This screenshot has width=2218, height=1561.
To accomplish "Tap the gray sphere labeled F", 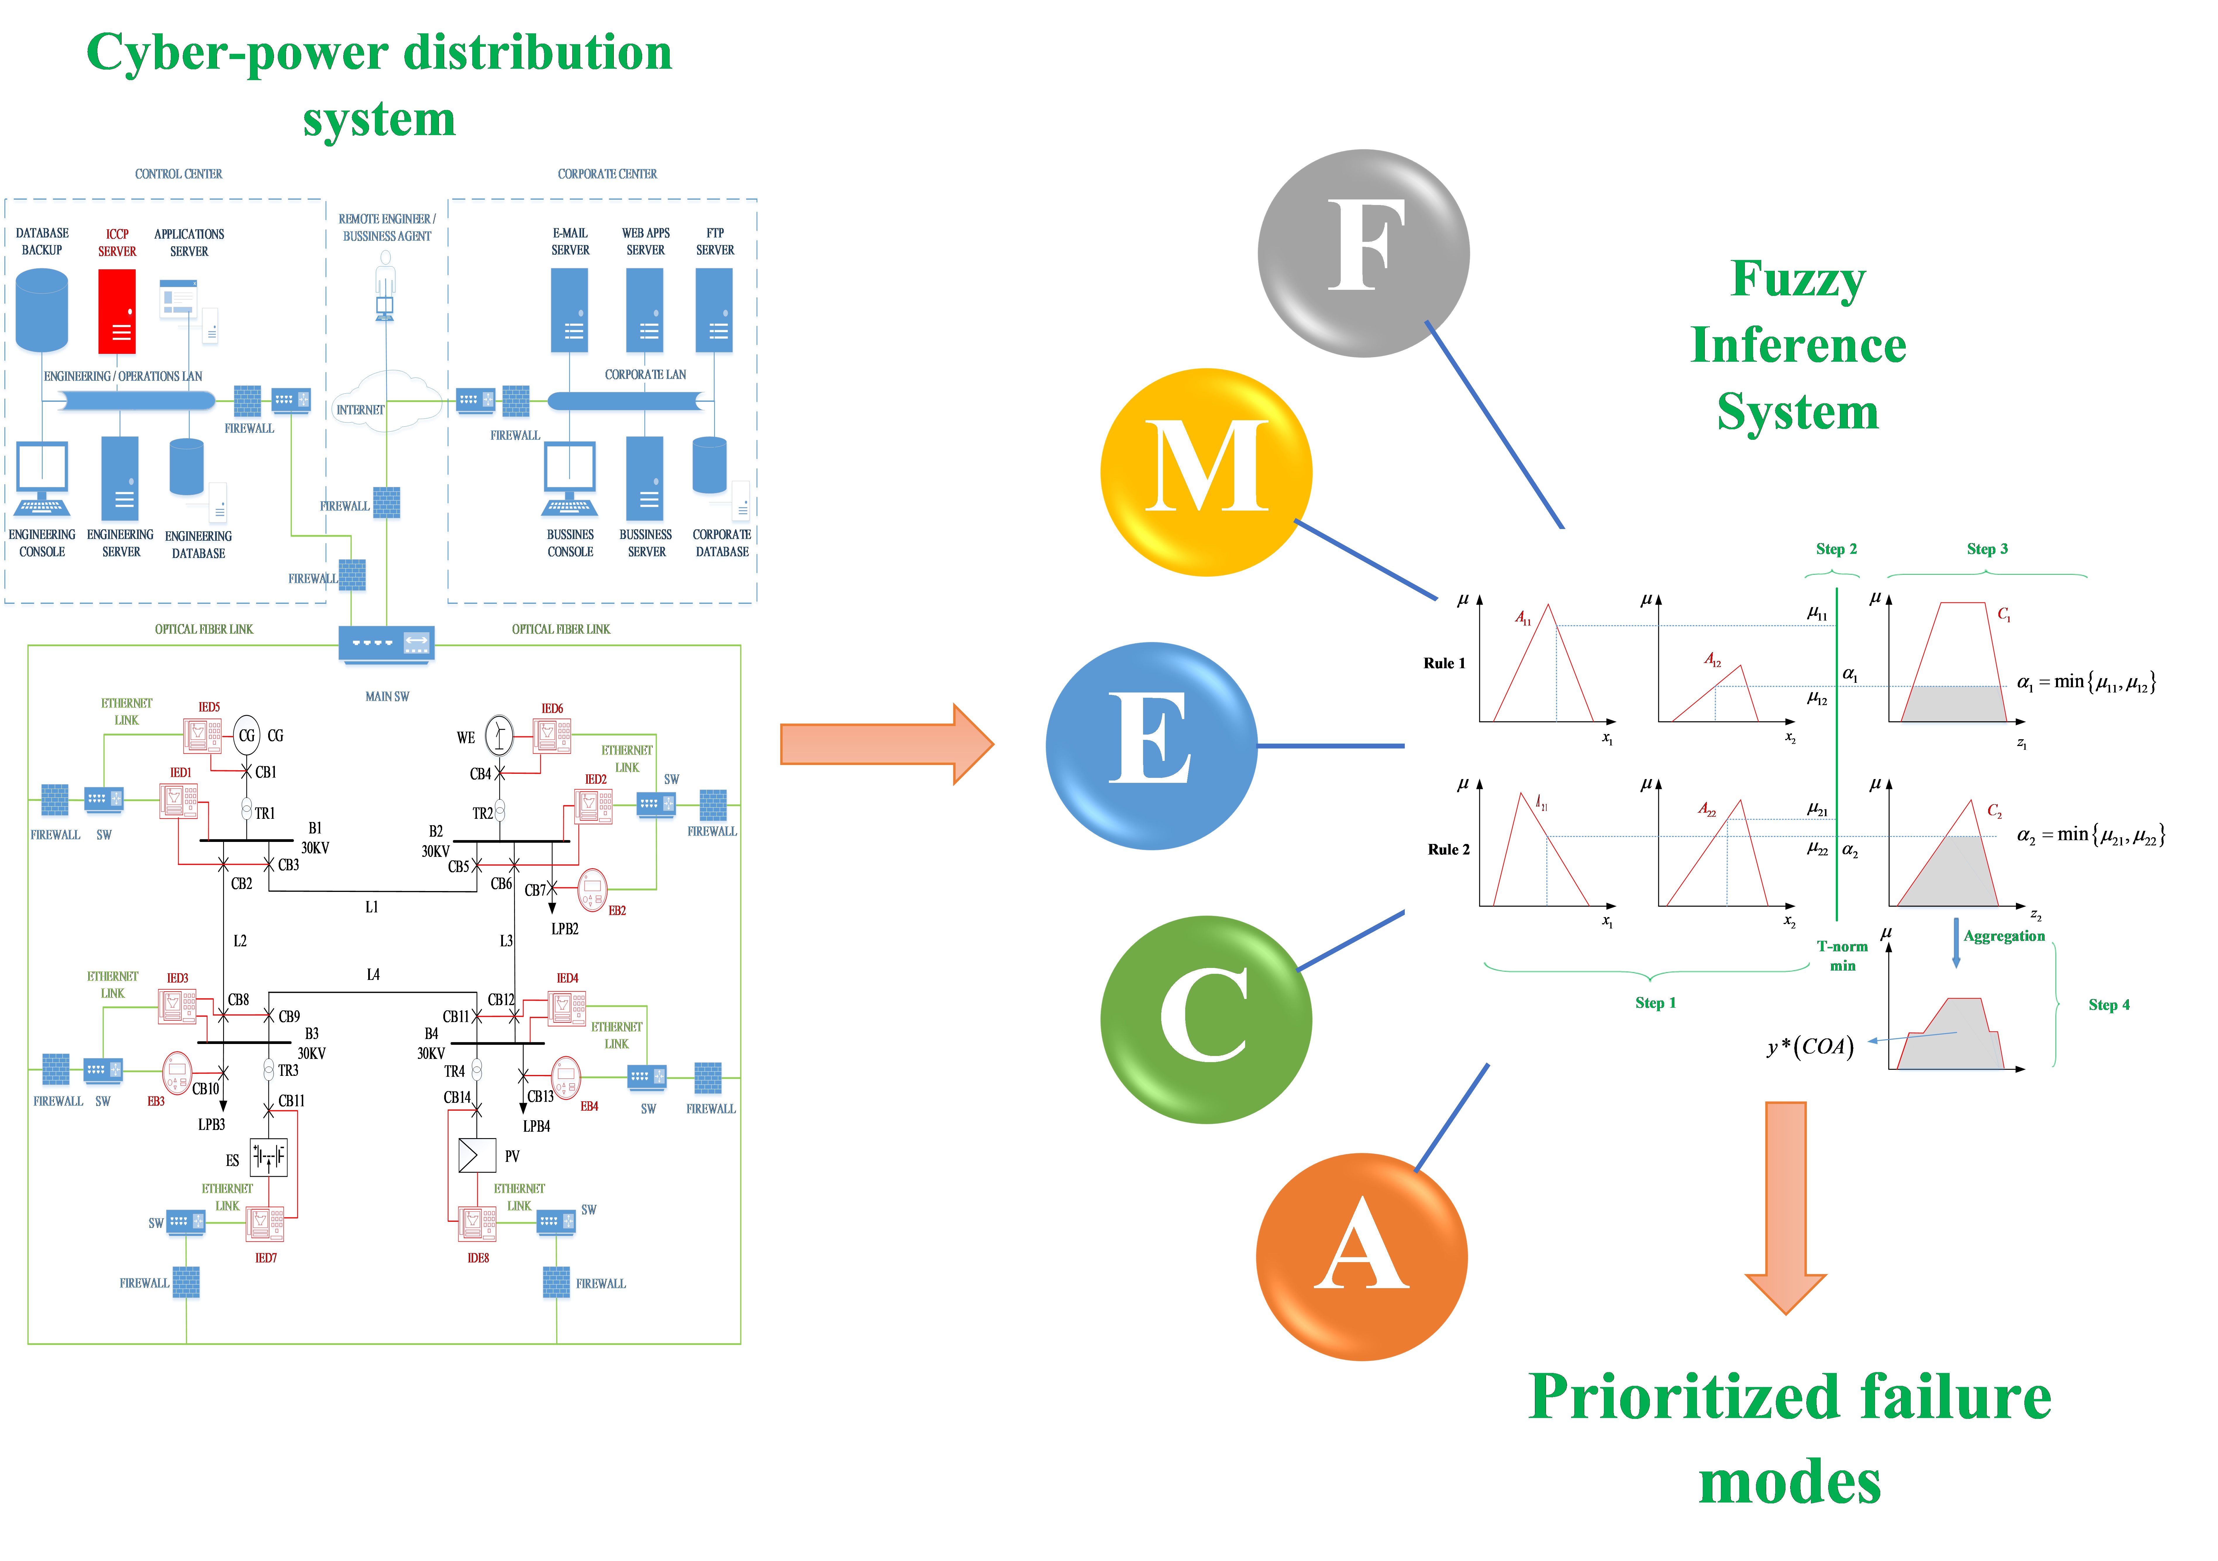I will point(1363,253).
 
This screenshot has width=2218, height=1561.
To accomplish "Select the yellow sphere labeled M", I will point(1206,472).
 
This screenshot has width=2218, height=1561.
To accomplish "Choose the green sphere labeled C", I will point(1206,1019).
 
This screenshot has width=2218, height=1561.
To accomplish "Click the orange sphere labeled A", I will point(1361,1256).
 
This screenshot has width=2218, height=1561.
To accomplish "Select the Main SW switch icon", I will point(386,643).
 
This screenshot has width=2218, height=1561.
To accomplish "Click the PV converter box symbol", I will point(476,1155).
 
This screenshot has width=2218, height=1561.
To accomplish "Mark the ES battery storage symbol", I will point(268,1156).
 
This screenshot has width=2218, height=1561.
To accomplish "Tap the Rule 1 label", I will point(1443,663).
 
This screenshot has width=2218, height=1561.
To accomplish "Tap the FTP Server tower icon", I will point(715,310).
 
